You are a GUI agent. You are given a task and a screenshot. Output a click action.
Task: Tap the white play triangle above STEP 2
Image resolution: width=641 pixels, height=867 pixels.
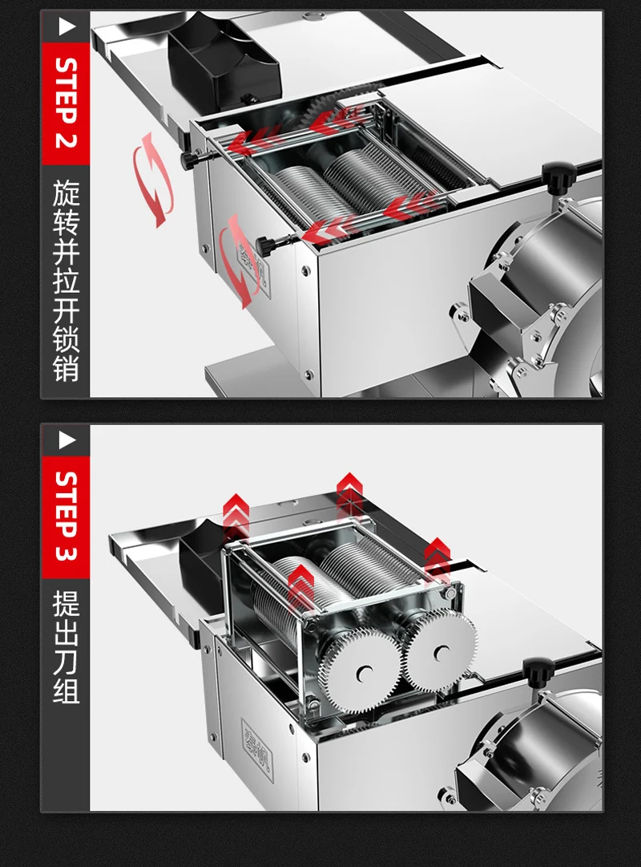point(66,27)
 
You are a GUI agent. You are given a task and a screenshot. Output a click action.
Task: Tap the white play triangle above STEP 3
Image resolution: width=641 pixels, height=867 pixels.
point(66,440)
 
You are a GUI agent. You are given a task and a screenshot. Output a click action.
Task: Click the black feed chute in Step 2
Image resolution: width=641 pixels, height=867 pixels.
point(224,56)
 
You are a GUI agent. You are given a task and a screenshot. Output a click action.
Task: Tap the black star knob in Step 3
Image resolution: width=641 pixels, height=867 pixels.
point(538,671)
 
